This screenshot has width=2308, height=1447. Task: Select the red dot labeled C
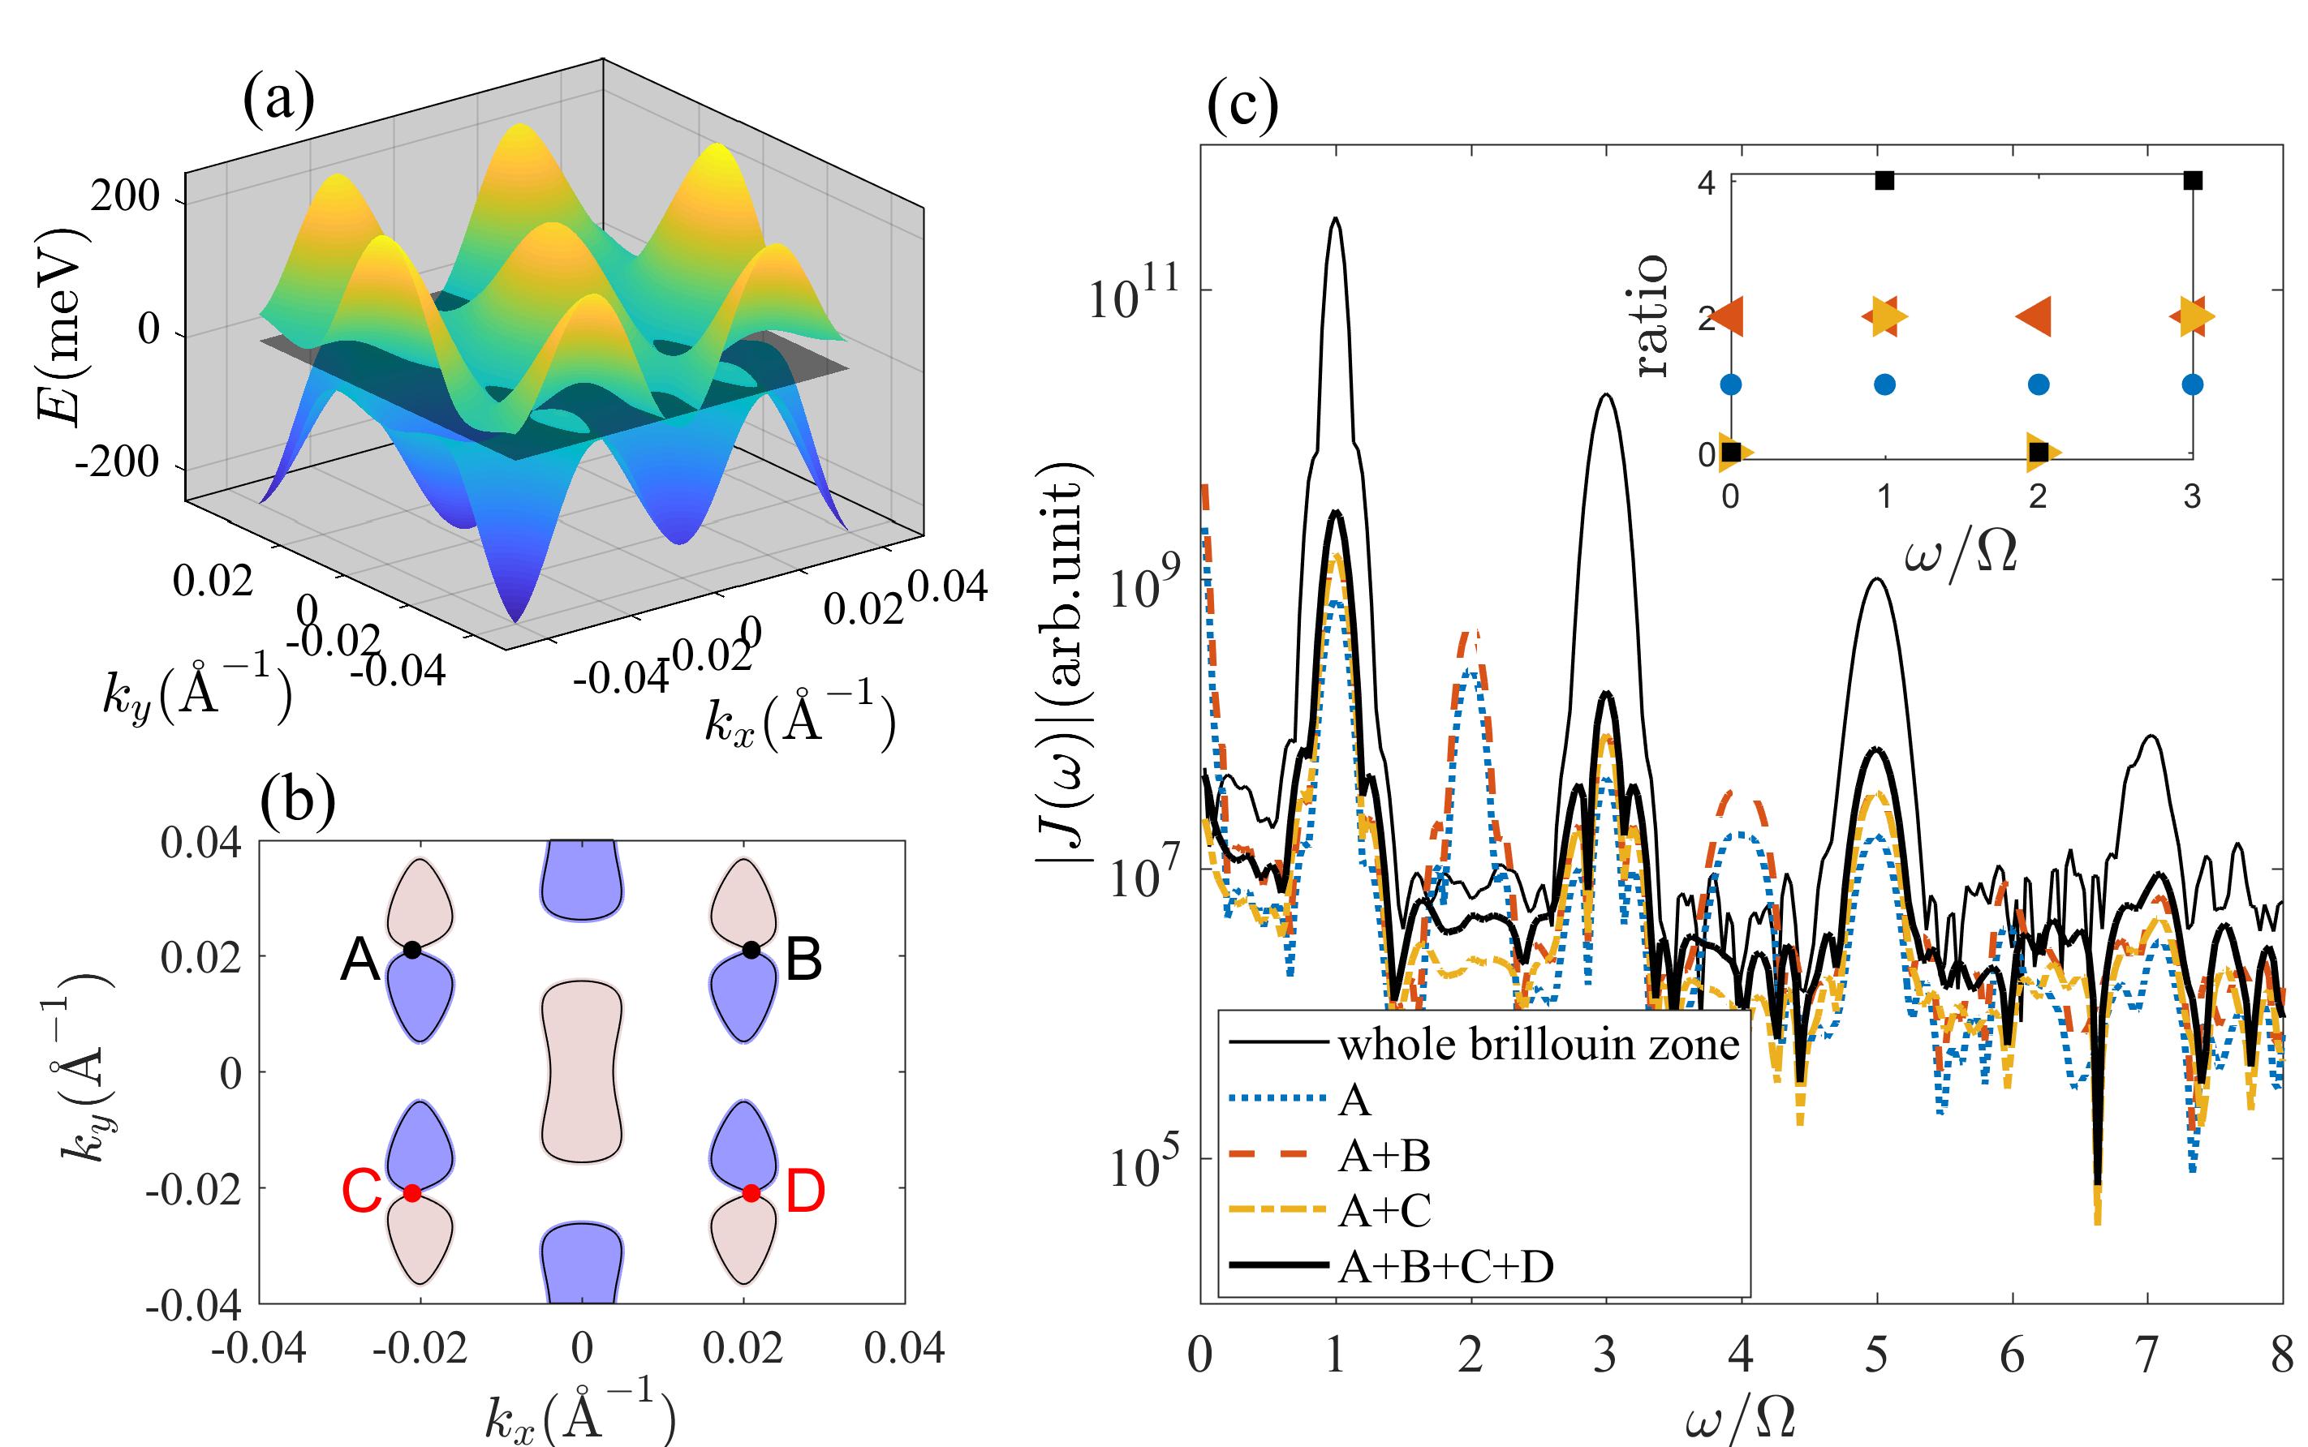tap(411, 1192)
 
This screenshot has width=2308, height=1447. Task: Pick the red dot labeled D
tap(751, 1192)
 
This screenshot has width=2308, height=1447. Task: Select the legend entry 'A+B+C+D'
tap(1445, 1266)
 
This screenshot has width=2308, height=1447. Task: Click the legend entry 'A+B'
tap(1384, 1156)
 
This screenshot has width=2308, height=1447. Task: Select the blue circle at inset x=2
tap(2038, 384)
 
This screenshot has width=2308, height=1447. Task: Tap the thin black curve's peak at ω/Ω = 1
tap(1334, 219)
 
